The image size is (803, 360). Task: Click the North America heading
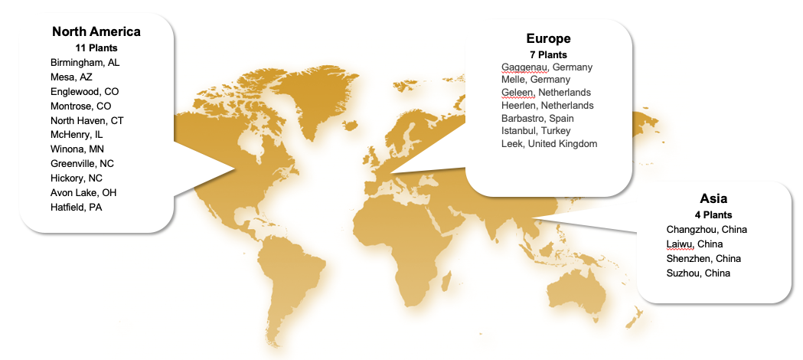96,32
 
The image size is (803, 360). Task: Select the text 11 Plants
96,47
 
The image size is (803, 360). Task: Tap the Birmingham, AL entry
85,62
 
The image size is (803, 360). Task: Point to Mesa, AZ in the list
71,77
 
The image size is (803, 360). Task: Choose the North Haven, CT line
87,120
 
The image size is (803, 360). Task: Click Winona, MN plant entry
77,149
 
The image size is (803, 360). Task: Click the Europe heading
548,39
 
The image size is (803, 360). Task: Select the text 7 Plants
548,54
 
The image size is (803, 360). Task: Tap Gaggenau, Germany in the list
547,67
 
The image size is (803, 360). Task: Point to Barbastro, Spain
537,119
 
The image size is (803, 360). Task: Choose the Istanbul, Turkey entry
536,131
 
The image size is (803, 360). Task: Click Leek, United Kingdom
549,144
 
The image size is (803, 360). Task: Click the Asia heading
713,198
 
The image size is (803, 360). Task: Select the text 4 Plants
713,214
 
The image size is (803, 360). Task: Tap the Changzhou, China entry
707,229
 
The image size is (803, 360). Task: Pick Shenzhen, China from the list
703,258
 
